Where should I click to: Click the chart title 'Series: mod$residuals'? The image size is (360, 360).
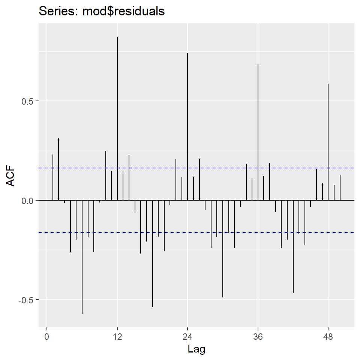(x=102, y=11)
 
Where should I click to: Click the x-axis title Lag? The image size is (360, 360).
(x=196, y=349)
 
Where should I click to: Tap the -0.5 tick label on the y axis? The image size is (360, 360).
(x=26, y=300)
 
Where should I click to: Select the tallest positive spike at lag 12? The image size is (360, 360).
(x=117, y=112)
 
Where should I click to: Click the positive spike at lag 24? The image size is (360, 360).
(x=187, y=124)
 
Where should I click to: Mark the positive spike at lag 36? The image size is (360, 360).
(x=258, y=131)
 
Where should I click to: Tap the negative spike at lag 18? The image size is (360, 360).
(x=153, y=255)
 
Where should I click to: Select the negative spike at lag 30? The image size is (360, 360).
(x=223, y=251)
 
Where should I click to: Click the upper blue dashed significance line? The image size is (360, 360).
(x=225, y=168)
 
